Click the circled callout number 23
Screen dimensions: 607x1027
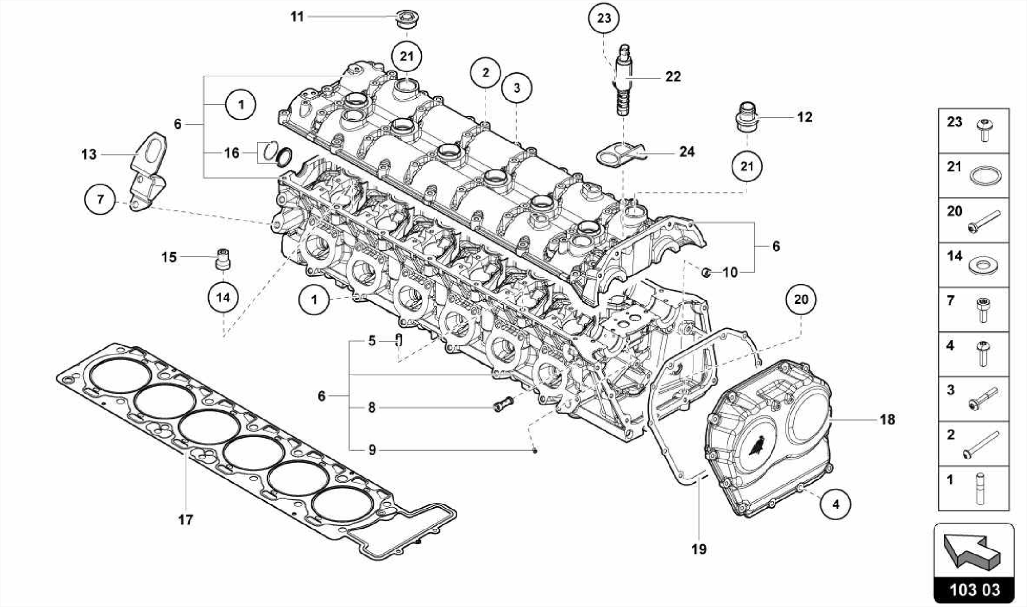[604, 18]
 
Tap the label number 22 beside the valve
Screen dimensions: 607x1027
[673, 77]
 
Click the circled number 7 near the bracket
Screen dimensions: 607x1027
[100, 199]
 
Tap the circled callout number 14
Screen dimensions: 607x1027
[223, 298]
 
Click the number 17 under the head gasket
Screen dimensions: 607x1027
[186, 519]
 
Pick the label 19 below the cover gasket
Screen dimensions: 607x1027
[699, 549]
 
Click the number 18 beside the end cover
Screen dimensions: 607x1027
[887, 420]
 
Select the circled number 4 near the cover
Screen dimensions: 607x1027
[835, 504]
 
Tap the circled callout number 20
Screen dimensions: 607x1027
[801, 299]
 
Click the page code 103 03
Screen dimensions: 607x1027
[974, 589]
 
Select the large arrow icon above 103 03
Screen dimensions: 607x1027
[973, 551]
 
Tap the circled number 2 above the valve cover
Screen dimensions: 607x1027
[485, 73]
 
